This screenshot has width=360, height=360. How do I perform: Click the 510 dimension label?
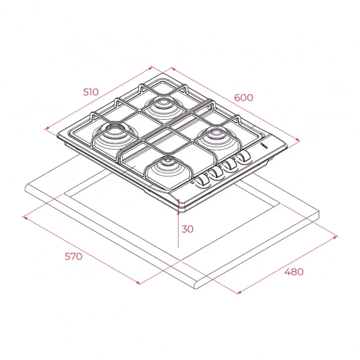(x=90, y=92)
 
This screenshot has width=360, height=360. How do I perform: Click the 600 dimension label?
(x=243, y=97)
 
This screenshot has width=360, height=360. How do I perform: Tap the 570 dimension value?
(x=73, y=256)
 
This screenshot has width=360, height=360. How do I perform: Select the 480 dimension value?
(x=294, y=272)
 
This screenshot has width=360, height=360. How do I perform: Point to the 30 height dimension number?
(x=187, y=229)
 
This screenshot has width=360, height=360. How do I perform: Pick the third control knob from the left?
(x=230, y=164)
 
